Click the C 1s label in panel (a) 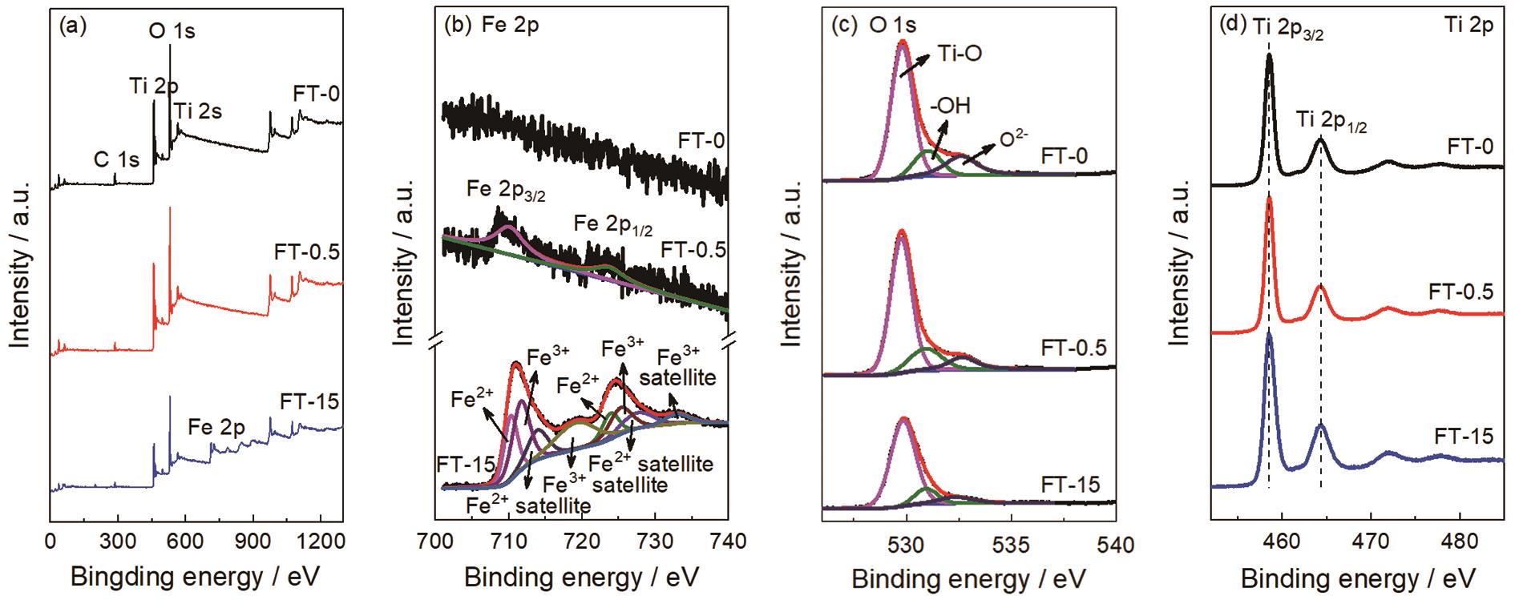(116, 159)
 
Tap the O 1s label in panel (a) (172, 31)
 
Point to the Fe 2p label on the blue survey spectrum (216, 428)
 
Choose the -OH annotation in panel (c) (950, 106)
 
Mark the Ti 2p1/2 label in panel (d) (1332, 121)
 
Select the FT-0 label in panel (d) (1470, 147)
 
